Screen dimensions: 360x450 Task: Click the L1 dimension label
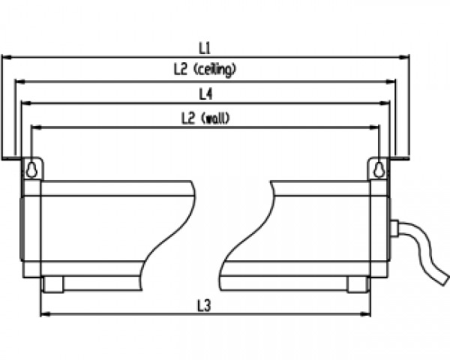coord(204,46)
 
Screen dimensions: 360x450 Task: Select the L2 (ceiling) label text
coord(204,70)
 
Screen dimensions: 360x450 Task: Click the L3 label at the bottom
coord(203,304)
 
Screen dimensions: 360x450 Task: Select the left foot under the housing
coord(52,284)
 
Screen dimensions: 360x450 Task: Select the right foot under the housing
coord(357,284)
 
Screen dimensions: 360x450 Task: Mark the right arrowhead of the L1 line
coord(405,56)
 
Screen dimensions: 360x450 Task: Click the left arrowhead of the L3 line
coord(43,314)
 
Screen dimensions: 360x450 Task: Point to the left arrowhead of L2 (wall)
coord(35,127)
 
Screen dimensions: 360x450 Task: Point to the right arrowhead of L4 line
coord(388,103)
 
